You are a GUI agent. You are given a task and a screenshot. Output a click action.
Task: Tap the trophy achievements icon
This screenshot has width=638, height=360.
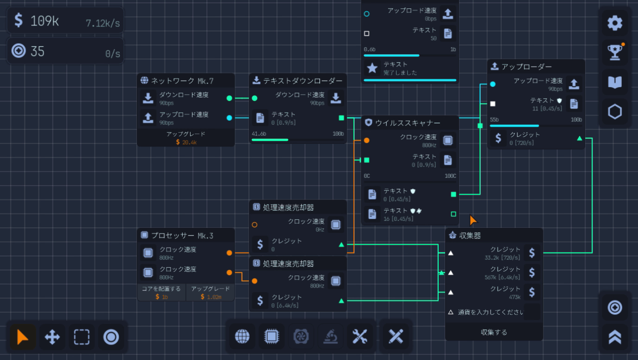tap(615, 52)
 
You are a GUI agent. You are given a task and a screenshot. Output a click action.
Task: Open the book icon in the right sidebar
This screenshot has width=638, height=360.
tap(615, 82)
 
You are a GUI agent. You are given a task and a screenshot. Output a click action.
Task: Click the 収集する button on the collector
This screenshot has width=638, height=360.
tap(494, 332)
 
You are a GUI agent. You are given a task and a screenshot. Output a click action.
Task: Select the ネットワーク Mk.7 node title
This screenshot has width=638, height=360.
tap(182, 81)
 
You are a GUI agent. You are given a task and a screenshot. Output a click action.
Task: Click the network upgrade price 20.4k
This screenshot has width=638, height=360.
tap(186, 142)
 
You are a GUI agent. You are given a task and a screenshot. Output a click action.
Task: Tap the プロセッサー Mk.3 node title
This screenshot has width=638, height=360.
tap(182, 236)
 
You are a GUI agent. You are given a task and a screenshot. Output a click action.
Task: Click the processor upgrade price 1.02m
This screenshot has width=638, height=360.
tap(211, 296)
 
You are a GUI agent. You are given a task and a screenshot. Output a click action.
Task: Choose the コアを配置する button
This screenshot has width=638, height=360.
tap(161, 289)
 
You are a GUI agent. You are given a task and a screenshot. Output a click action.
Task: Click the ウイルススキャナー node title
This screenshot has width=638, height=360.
tap(408, 123)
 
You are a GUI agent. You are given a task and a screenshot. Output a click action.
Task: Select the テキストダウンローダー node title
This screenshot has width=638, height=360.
tap(303, 81)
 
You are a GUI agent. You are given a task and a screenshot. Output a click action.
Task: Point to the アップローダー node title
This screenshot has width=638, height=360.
tap(526, 67)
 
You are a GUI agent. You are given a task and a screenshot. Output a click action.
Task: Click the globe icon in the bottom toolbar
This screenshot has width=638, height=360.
tap(242, 337)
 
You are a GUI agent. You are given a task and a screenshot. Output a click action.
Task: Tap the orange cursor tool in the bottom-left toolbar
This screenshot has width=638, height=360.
tap(22, 337)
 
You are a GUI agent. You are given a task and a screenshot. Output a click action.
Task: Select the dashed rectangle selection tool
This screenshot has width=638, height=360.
tap(82, 337)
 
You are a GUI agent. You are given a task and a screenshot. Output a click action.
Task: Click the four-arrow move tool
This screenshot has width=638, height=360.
tap(52, 337)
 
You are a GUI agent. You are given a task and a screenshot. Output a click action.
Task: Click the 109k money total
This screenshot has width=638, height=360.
tap(45, 20)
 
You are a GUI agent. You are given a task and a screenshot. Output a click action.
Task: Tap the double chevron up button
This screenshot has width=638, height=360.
tap(615, 337)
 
